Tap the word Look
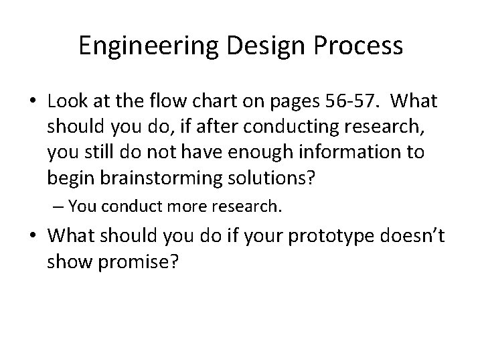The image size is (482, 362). click(65, 103)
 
